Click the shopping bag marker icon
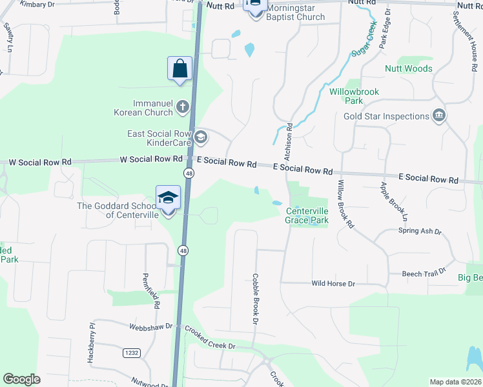click(x=180, y=69)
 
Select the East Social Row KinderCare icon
click(x=201, y=136)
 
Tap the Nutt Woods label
click(x=408, y=68)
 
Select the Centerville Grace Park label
click(x=307, y=215)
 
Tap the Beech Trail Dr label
click(x=424, y=273)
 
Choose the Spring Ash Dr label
click(x=419, y=231)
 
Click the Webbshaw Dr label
click(x=150, y=326)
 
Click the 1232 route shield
click(x=132, y=353)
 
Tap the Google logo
click(x=21, y=379)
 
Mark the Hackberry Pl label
click(x=92, y=335)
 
